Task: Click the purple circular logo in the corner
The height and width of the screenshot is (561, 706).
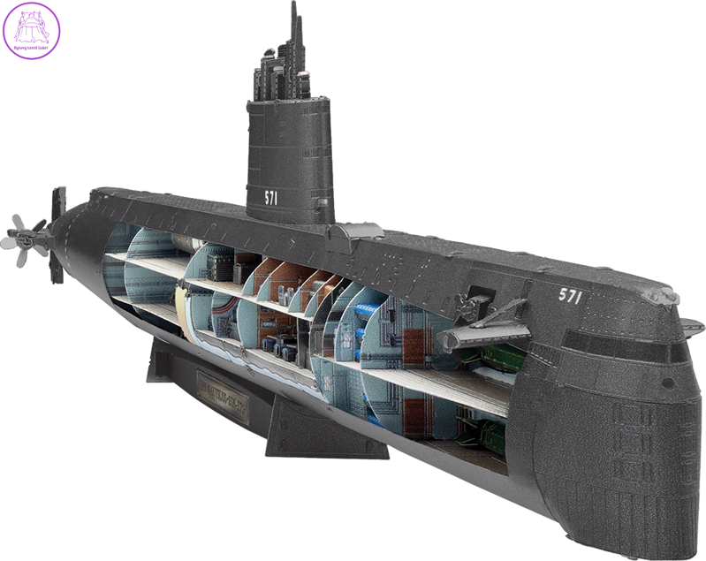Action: tap(32, 30)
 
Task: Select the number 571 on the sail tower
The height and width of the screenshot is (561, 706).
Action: tap(270, 197)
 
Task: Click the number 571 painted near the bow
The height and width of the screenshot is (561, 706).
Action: tap(570, 296)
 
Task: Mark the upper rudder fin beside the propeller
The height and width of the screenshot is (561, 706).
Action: tap(59, 205)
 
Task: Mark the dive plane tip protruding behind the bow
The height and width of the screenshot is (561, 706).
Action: tap(692, 328)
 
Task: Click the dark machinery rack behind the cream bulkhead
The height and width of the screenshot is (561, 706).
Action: tap(221, 266)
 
